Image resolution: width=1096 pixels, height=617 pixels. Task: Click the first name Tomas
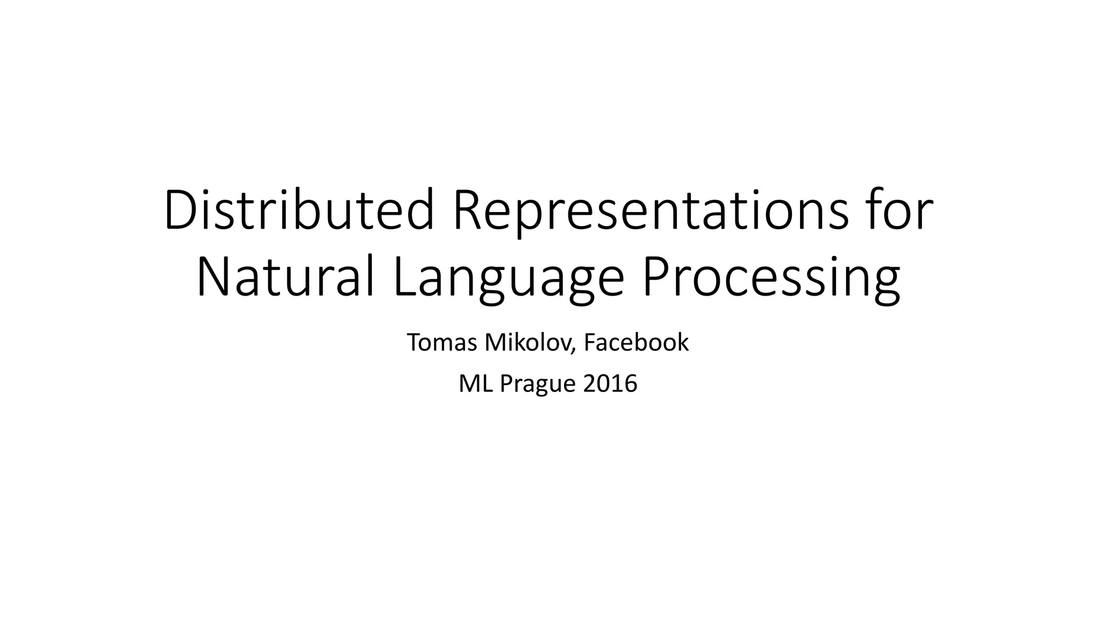pyautogui.click(x=442, y=342)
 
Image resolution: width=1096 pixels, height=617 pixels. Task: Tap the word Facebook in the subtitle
pyautogui.click(x=636, y=342)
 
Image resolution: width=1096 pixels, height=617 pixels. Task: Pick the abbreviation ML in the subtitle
pyautogui.click(x=476, y=383)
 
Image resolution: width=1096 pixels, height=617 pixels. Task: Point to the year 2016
pyautogui.click(x=610, y=383)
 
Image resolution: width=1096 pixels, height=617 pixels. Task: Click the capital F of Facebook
pyautogui.click(x=589, y=342)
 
